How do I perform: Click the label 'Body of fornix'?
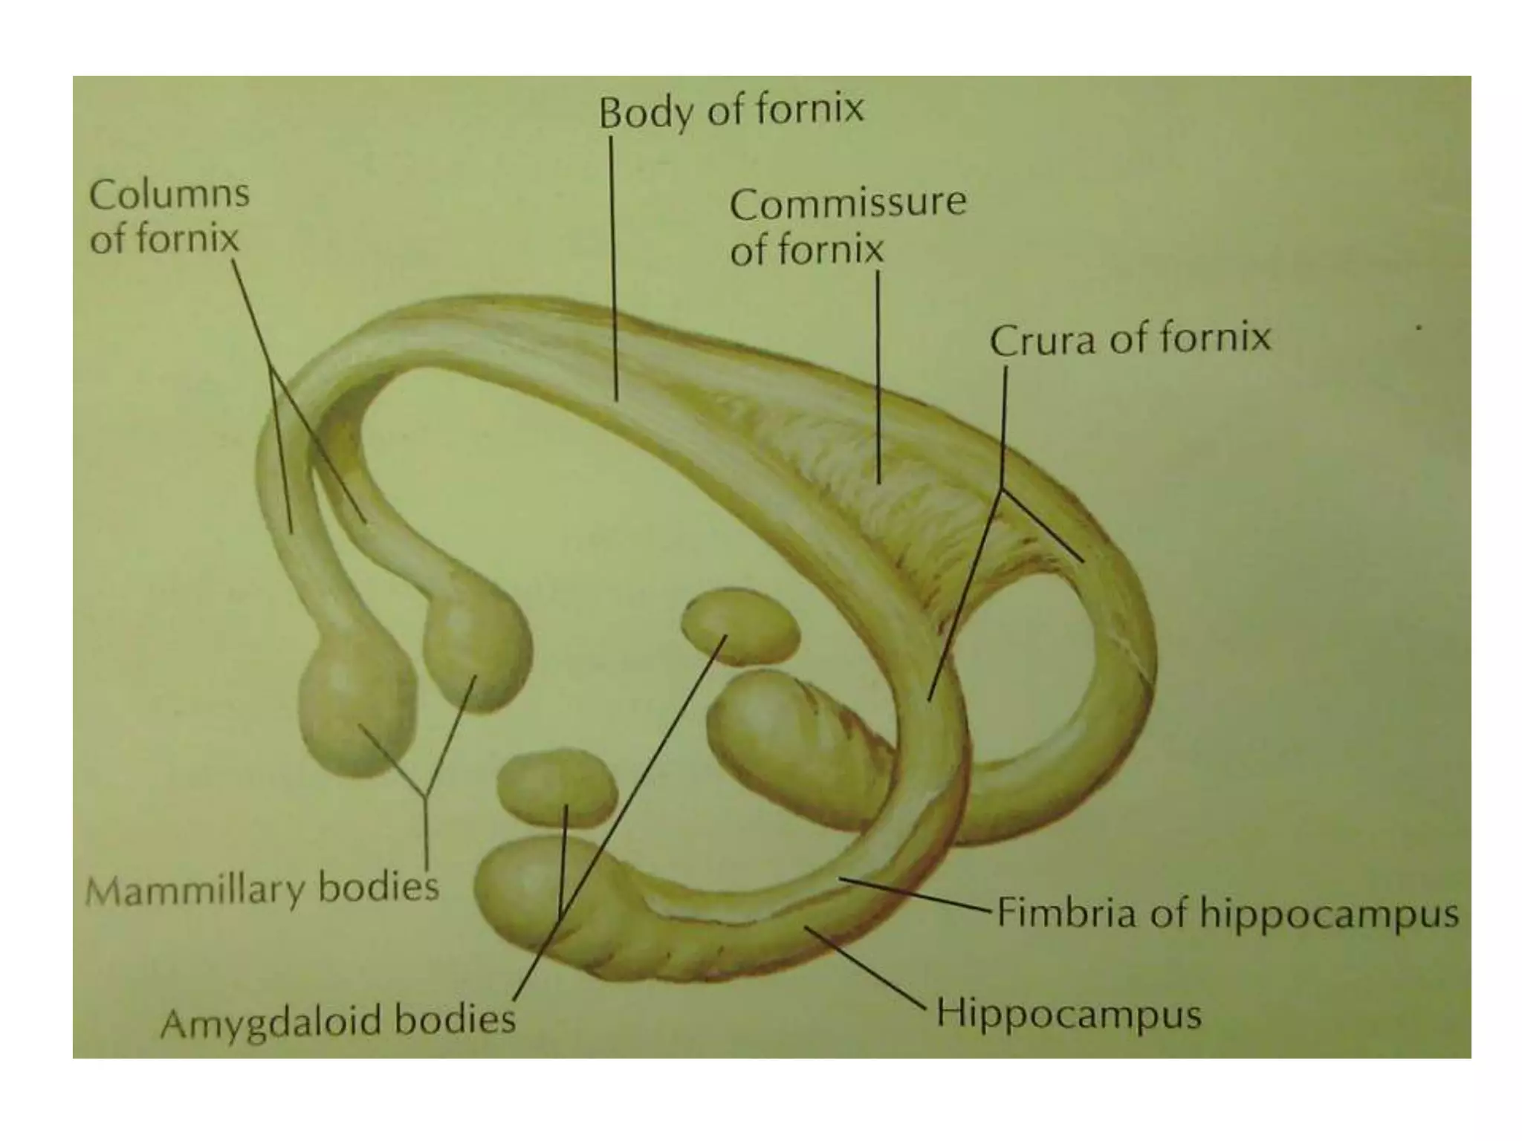tap(731, 111)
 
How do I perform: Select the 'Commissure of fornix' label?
tap(847, 226)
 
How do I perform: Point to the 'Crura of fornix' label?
tap(1130, 339)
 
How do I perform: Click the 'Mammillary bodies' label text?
tap(262, 888)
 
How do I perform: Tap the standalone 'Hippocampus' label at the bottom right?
tap(1068, 1013)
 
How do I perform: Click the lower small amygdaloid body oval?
tap(556, 788)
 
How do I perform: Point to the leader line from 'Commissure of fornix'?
tap(878, 371)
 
